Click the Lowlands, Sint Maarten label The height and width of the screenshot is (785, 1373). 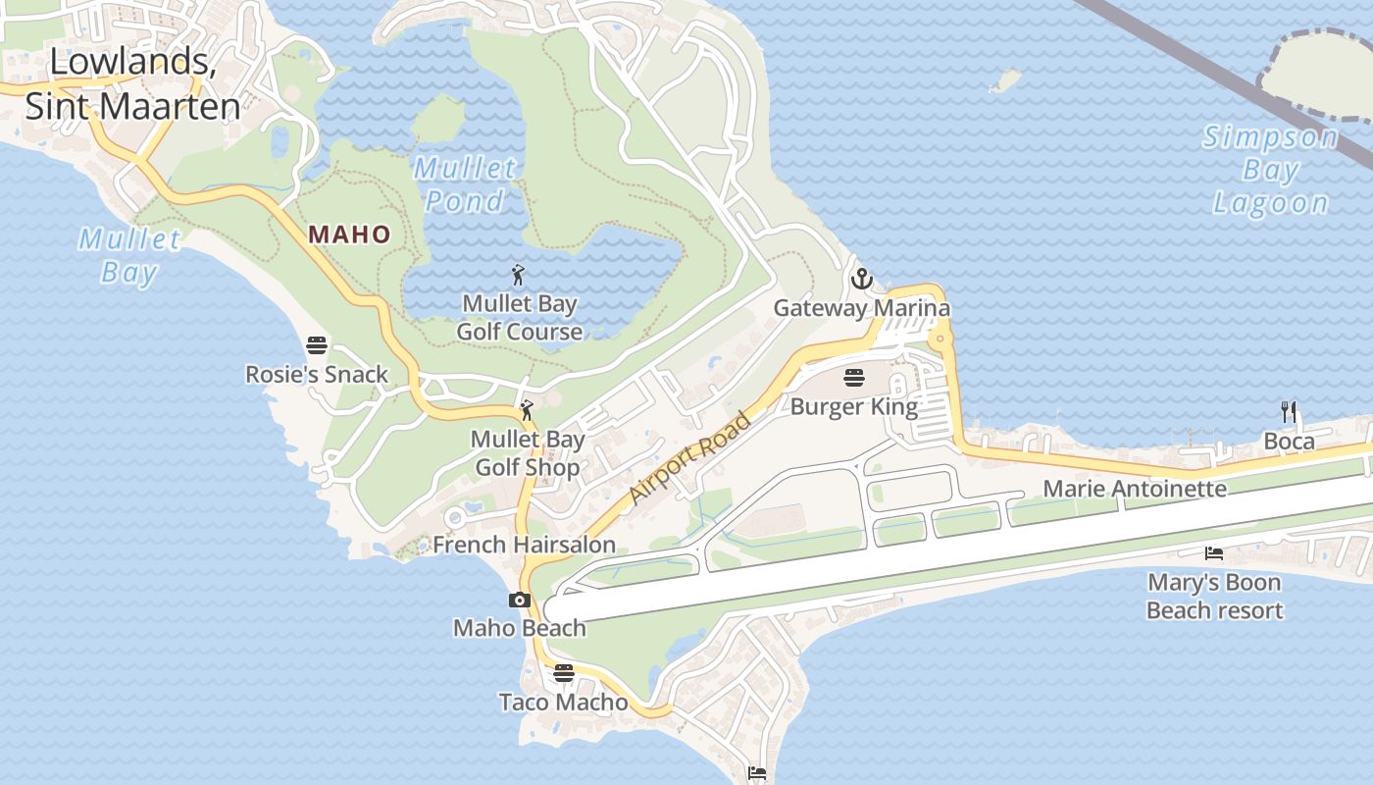tap(132, 83)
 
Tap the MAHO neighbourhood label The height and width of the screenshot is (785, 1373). tap(350, 235)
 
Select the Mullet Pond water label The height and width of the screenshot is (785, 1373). tap(465, 184)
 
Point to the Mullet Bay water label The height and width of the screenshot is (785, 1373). tap(129, 254)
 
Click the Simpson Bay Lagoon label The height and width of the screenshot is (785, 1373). tap(1271, 170)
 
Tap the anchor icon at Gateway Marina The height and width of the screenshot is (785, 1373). tap(861, 280)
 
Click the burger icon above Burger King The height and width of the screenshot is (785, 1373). tap(854, 378)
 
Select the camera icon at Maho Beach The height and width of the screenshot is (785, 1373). tap(520, 600)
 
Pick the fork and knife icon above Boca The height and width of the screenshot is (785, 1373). tap(1289, 412)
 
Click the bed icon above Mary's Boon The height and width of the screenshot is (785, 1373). tap(1214, 553)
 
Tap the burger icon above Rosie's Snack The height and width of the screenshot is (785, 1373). tap(317, 345)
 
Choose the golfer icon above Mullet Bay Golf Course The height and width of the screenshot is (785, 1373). tap(519, 276)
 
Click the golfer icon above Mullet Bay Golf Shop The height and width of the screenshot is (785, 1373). tap(527, 410)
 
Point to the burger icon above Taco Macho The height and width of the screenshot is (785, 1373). tap(563, 673)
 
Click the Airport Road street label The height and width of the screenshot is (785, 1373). tap(690, 457)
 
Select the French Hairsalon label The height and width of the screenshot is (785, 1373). tap(525, 545)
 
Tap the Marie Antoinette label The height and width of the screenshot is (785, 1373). tap(1135, 488)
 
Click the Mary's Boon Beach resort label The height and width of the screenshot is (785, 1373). tap(1214, 597)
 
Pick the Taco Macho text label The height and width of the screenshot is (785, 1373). tap(563, 702)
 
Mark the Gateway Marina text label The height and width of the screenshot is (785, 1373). tap(861, 308)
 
